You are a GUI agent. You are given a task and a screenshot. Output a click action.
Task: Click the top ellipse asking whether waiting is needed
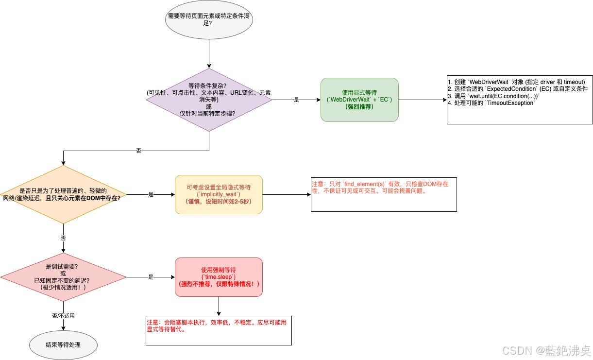tap(209, 19)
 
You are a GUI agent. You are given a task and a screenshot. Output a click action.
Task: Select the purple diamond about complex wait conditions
tap(209, 100)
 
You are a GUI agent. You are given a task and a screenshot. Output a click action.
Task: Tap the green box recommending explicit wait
tap(359, 100)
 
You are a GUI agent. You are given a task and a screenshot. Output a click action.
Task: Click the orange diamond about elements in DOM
tap(63, 194)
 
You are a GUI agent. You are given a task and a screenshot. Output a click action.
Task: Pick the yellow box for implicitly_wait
tap(219, 194)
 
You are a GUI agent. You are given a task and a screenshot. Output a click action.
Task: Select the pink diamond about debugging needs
tap(63, 277)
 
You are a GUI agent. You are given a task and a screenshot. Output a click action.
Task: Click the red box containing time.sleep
tap(219, 277)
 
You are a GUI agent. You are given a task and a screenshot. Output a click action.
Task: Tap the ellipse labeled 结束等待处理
tap(63, 345)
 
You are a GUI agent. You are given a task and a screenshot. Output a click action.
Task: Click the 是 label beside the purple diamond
tap(296, 100)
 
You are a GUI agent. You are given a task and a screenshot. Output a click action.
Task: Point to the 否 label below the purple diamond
tap(138, 151)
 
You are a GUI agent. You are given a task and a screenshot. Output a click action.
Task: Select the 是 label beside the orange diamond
tap(151, 194)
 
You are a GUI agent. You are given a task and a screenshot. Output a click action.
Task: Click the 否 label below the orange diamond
tap(63, 239)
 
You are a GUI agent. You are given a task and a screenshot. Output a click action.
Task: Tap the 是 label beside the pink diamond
tap(151, 277)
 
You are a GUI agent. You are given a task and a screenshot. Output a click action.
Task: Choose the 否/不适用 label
tap(63, 316)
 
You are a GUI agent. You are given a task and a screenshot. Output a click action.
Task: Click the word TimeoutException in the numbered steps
tap(515, 103)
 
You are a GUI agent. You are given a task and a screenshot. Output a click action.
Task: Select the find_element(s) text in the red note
tap(364, 184)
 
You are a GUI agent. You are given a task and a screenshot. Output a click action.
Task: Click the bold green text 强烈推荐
tap(359, 106)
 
